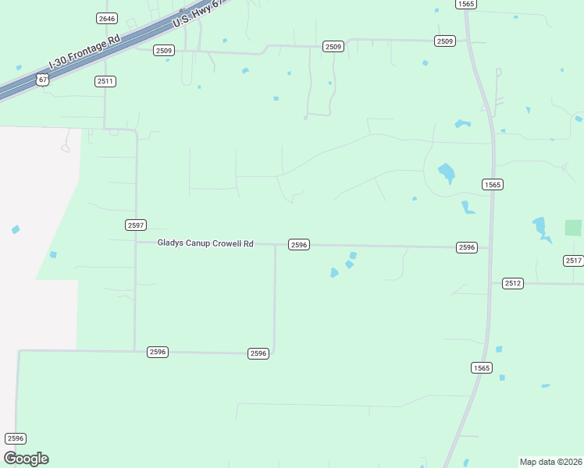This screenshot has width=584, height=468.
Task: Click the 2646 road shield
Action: click(x=107, y=18)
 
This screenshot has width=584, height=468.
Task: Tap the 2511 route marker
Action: click(x=105, y=81)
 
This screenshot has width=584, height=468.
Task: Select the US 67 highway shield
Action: click(x=42, y=80)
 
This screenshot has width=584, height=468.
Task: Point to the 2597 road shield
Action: click(x=136, y=225)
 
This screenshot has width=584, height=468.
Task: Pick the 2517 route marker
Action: click(x=573, y=261)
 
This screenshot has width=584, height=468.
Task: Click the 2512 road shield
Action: click(x=512, y=283)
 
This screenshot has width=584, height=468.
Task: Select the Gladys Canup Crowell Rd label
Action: click(x=205, y=243)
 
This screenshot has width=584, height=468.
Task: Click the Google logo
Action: click(x=27, y=459)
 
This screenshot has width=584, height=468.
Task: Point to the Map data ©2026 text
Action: click(x=550, y=462)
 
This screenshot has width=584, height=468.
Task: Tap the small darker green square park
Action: click(x=573, y=228)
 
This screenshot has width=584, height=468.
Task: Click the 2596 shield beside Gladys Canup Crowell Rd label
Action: click(x=299, y=245)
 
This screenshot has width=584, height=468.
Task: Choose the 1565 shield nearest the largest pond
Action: click(x=492, y=185)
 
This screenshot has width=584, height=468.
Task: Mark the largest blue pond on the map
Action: click(x=447, y=172)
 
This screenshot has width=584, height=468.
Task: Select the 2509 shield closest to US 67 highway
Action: click(x=163, y=51)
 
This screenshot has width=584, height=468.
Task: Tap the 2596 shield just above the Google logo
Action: click(x=16, y=438)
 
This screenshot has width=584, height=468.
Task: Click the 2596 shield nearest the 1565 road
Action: click(x=466, y=247)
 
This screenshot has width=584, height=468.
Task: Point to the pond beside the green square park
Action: click(x=540, y=228)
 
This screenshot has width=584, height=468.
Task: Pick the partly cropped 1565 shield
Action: click(x=466, y=4)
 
